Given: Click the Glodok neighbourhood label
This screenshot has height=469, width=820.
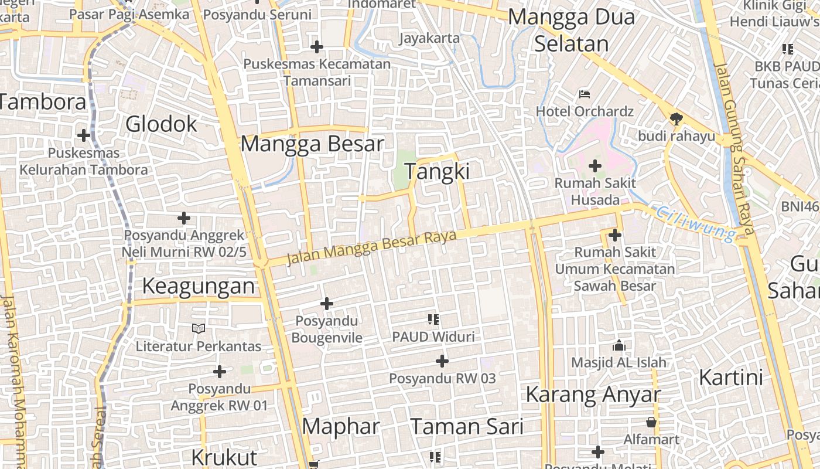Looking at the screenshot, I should point(162,124).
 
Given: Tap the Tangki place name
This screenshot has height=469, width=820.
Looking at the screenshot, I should point(438,171).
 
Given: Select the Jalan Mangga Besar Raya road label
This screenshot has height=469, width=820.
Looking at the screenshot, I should point(371,247).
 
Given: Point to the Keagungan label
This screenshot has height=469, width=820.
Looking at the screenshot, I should point(199,286).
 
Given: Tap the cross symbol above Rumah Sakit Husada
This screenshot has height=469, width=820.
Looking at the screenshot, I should point(595,166).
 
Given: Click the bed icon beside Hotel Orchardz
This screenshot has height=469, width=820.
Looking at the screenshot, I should point(585,94).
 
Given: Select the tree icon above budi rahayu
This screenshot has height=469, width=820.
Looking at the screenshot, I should point(676,119).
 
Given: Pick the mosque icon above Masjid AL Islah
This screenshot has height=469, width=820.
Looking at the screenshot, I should point(619,346).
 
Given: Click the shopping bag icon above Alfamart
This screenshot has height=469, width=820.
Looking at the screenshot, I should point(651,422).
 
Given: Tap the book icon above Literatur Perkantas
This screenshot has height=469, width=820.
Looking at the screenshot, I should point(199,329).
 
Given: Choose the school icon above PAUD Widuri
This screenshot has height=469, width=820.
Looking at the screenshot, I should point(433,320).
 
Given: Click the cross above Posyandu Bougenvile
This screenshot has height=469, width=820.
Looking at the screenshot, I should point(327,304).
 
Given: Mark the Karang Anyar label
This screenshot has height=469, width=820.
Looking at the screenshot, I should point(593,395).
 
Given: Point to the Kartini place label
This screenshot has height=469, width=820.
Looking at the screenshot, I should point(731,377).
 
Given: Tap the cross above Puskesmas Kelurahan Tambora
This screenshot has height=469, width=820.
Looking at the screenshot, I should point(84,135).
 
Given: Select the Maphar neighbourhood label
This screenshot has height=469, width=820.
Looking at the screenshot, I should point(341,426).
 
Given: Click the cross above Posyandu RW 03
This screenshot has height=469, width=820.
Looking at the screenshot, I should point(442,361).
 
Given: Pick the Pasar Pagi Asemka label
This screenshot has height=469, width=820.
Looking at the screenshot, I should point(129,14).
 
